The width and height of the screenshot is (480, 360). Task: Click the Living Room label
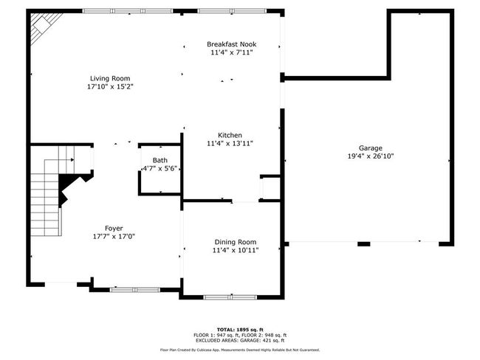pos(110,78)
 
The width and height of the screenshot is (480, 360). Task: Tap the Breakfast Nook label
pos(231,44)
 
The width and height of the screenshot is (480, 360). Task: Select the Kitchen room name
pos(230,135)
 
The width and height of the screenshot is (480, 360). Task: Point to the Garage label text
pos(371,148)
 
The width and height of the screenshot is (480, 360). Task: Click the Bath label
pos(160,160)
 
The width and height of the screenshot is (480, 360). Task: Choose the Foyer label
pos(114,228)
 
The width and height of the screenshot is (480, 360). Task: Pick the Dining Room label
pos(236,242)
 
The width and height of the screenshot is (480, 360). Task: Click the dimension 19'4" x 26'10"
pos(371,156)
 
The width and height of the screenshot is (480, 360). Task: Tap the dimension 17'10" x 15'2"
pos(110,86)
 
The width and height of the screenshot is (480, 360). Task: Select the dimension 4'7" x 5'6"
pos(160,168)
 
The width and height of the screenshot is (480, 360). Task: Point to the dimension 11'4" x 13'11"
pos(230,143)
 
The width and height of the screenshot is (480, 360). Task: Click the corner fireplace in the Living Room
pos(45,27)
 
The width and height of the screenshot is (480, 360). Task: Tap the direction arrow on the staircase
pos(72,159)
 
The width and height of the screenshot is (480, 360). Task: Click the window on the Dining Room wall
pos(230,297)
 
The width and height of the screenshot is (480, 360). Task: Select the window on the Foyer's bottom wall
pos(135,289)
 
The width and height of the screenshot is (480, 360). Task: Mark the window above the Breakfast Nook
pos(232,11)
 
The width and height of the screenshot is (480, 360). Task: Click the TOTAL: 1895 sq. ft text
pos(240,330)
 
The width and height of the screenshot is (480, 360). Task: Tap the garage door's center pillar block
pos(363,243)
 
